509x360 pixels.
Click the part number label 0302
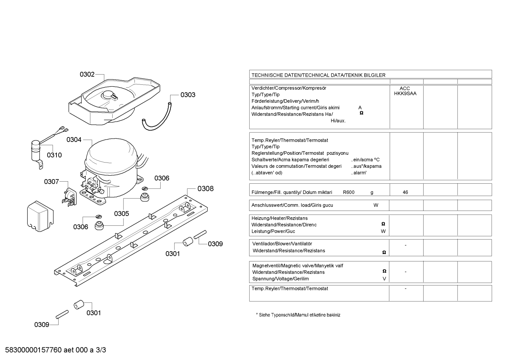(87, 74)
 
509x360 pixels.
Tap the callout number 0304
(74, 140)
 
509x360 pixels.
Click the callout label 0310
(54, 155)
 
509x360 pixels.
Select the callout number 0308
(205, 189)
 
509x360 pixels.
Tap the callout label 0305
(121, 213)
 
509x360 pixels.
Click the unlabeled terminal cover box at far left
(40, 216)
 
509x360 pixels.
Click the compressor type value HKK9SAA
(405, 94)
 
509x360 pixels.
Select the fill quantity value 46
(405, 193)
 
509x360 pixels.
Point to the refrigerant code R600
(349, 193)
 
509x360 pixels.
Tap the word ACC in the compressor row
(405, 88)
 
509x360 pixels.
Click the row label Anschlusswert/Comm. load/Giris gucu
(292, 205)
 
